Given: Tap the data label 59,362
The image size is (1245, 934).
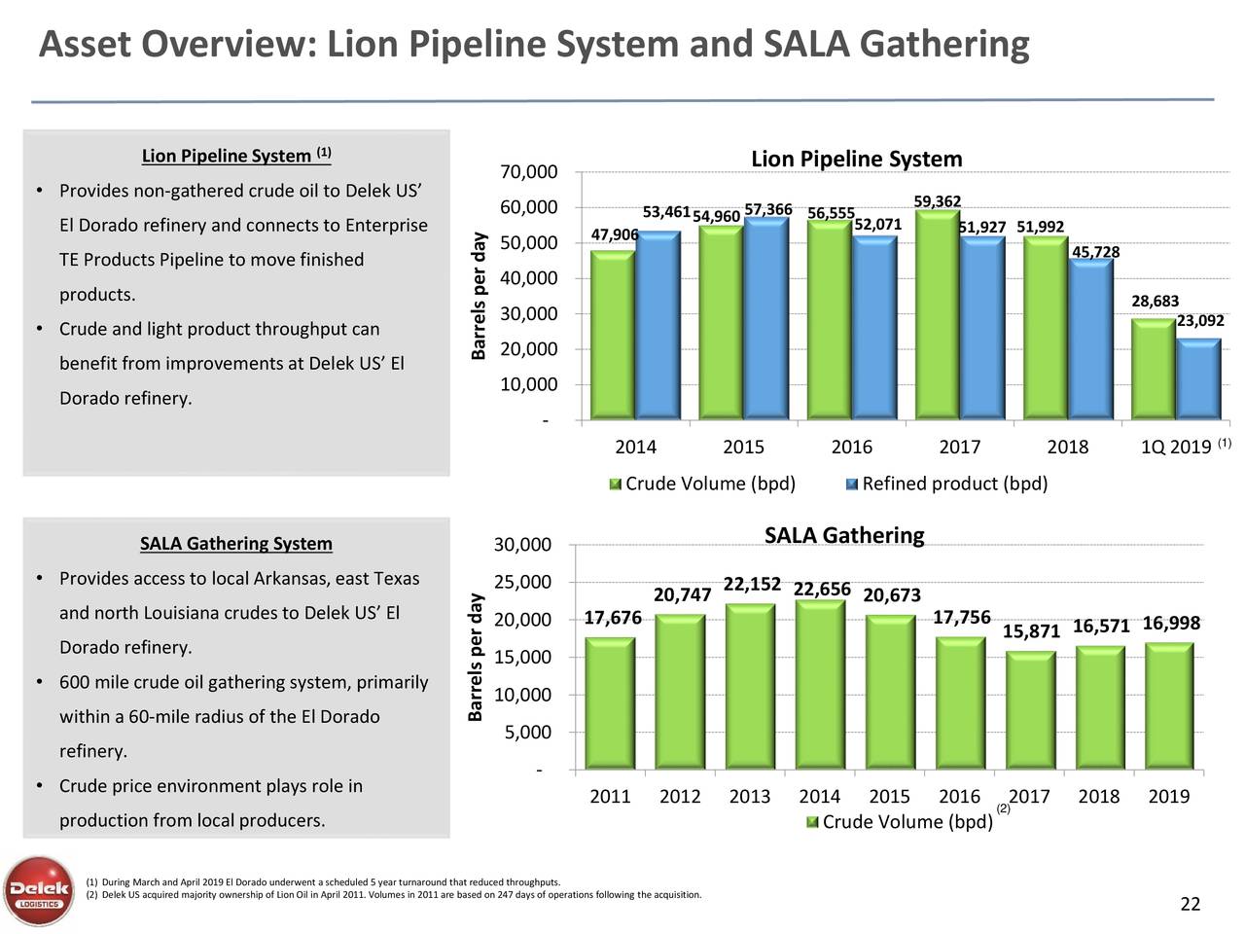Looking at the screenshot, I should click(938, 201).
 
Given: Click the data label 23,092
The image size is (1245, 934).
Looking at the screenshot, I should click(1199, 321).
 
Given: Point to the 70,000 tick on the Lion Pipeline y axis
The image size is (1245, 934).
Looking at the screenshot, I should click(528, 173).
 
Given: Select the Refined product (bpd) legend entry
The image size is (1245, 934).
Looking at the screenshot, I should click(953, 485).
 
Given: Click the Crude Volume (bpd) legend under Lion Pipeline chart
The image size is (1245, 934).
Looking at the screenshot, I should click(708, 485).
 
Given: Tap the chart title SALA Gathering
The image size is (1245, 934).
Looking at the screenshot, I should click(843, 536).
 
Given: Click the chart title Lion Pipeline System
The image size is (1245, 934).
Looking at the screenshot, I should click(856, 160).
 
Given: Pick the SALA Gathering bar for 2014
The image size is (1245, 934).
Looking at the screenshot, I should click(819, 686).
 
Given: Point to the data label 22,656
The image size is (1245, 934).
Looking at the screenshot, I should click(822, 590).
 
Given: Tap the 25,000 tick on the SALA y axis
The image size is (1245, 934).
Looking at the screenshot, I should click(522, 584).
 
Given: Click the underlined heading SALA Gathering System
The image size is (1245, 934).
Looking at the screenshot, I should click(236, 544).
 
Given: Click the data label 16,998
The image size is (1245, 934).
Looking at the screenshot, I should click(1171, 624).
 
